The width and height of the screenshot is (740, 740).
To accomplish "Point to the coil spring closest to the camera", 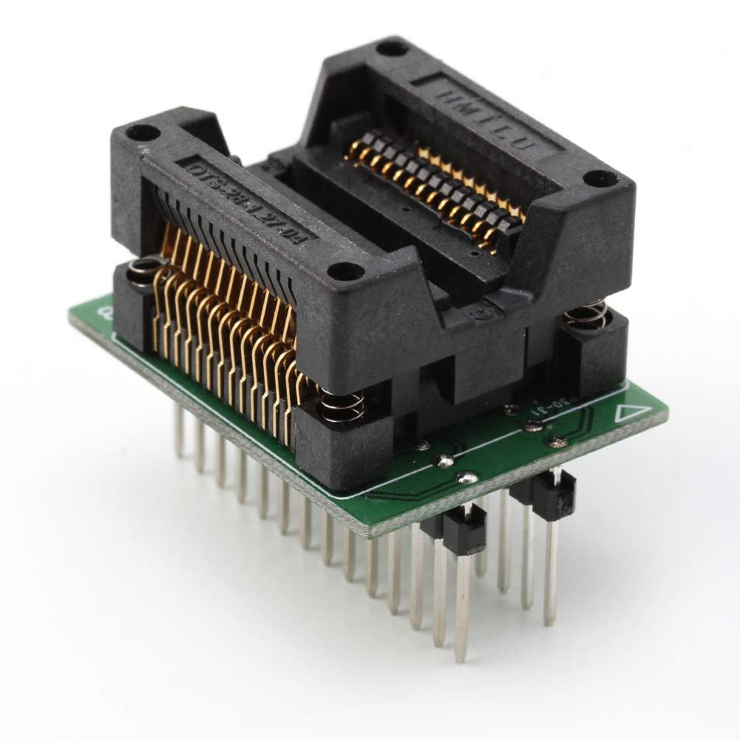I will coord(341,405).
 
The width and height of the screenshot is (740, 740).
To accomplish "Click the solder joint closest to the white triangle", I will coord(555,442).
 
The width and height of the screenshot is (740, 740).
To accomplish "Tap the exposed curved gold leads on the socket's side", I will coord(222,325).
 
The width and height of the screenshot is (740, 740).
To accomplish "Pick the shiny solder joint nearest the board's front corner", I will coord(466,478).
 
